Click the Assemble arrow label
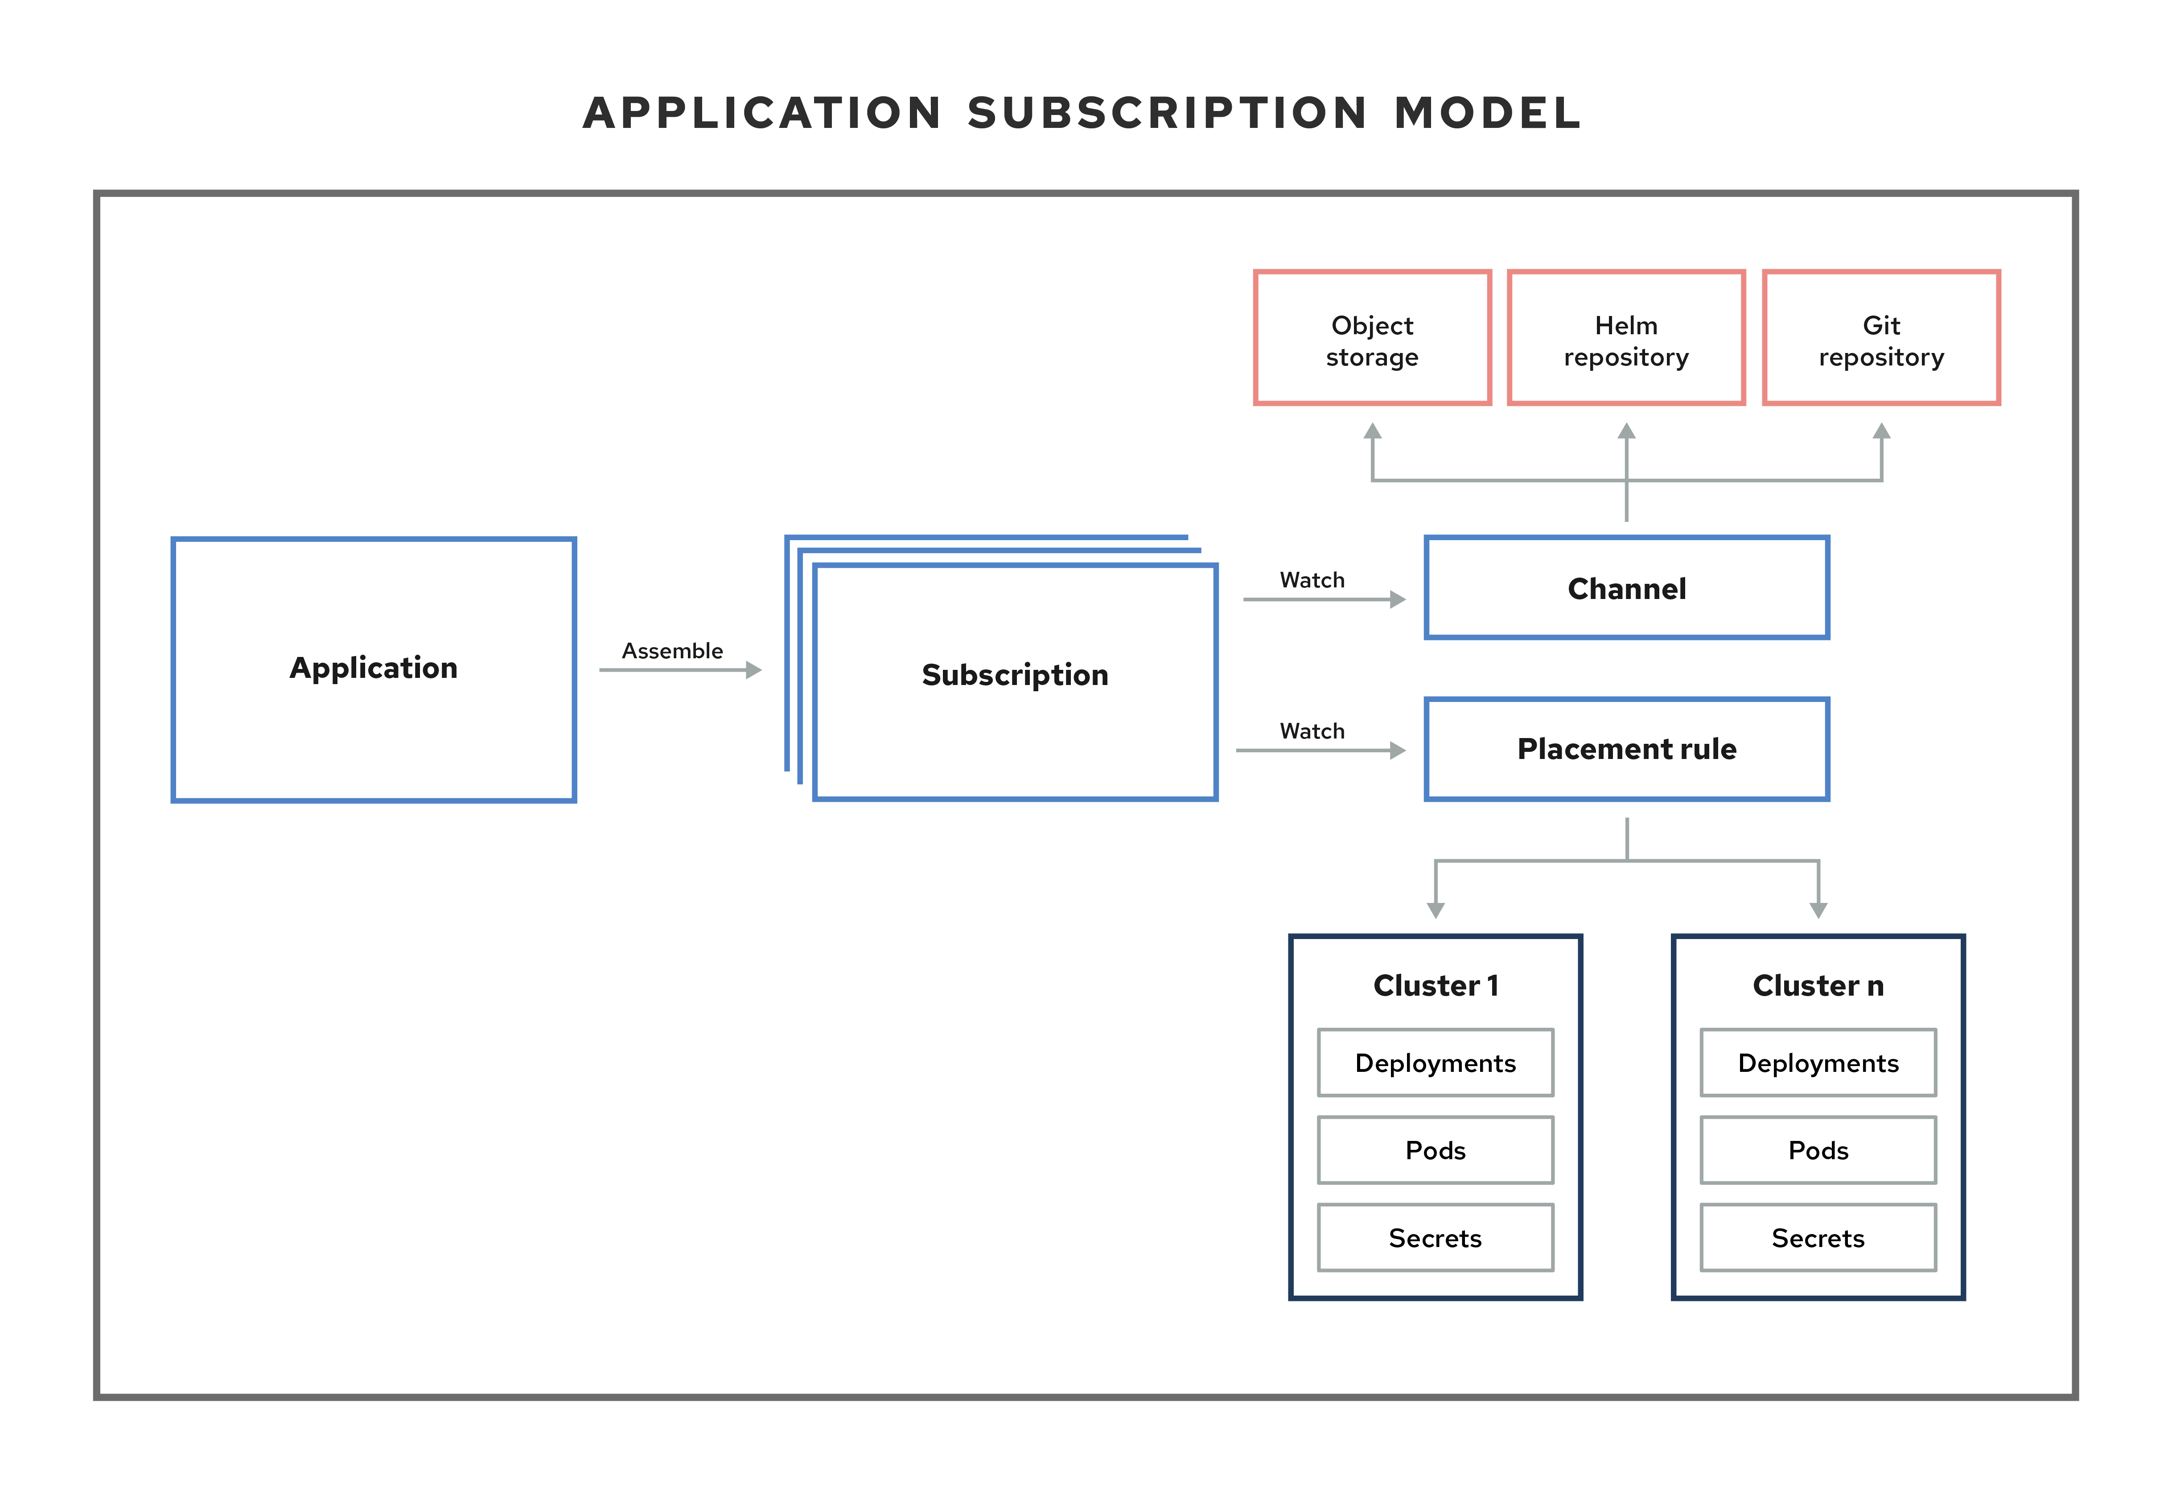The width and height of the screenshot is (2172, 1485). tap(672, 650)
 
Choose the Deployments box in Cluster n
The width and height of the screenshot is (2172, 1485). tap(1818, 1062)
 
